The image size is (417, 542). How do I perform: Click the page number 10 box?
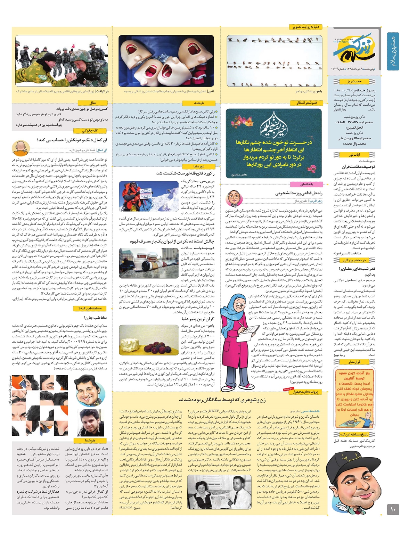[393, 510]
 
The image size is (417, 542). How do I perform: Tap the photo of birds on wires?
[274, 61]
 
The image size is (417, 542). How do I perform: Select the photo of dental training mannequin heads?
[166, 61]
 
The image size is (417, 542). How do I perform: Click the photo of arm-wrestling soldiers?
[62, 61]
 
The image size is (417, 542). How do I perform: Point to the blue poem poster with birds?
[274, 143]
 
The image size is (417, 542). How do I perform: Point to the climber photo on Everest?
[149, 196]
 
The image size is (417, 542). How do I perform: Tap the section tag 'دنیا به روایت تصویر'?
[305, 27]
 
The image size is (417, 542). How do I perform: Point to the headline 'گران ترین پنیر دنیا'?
[198, 319]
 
